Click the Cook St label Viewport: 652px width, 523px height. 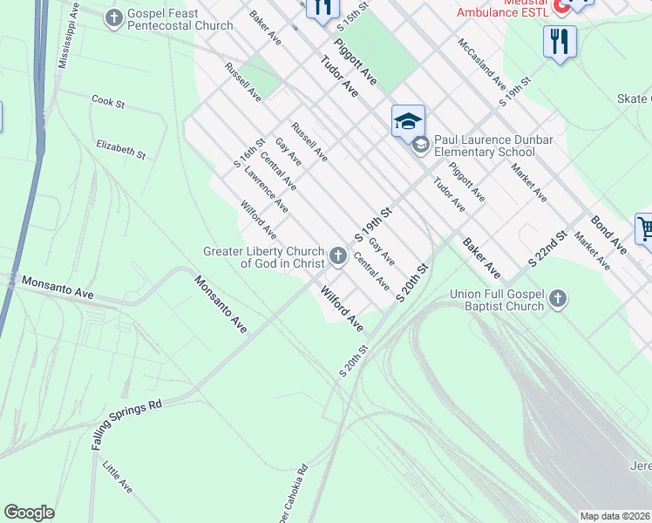(x=108, y=102)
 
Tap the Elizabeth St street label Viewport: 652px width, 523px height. (x=120, y=149)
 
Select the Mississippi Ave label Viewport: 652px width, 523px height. (x=68, y=40)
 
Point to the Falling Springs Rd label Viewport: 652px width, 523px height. (x=127, y=425)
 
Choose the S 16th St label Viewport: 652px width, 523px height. (x=248, y=153)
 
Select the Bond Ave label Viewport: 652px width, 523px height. (x=608, y=233)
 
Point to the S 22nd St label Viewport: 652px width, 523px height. (x=548, y=248)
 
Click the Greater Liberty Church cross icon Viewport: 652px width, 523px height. (x=338, y=257)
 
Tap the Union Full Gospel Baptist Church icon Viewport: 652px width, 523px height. (x=557, y=301)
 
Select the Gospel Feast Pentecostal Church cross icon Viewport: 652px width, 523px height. (x=113, y=19)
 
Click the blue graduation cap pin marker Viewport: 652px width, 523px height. (x=407, y=121)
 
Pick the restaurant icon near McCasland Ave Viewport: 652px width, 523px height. (x=559, y=41)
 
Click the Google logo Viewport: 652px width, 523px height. (x=29, y=513)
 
